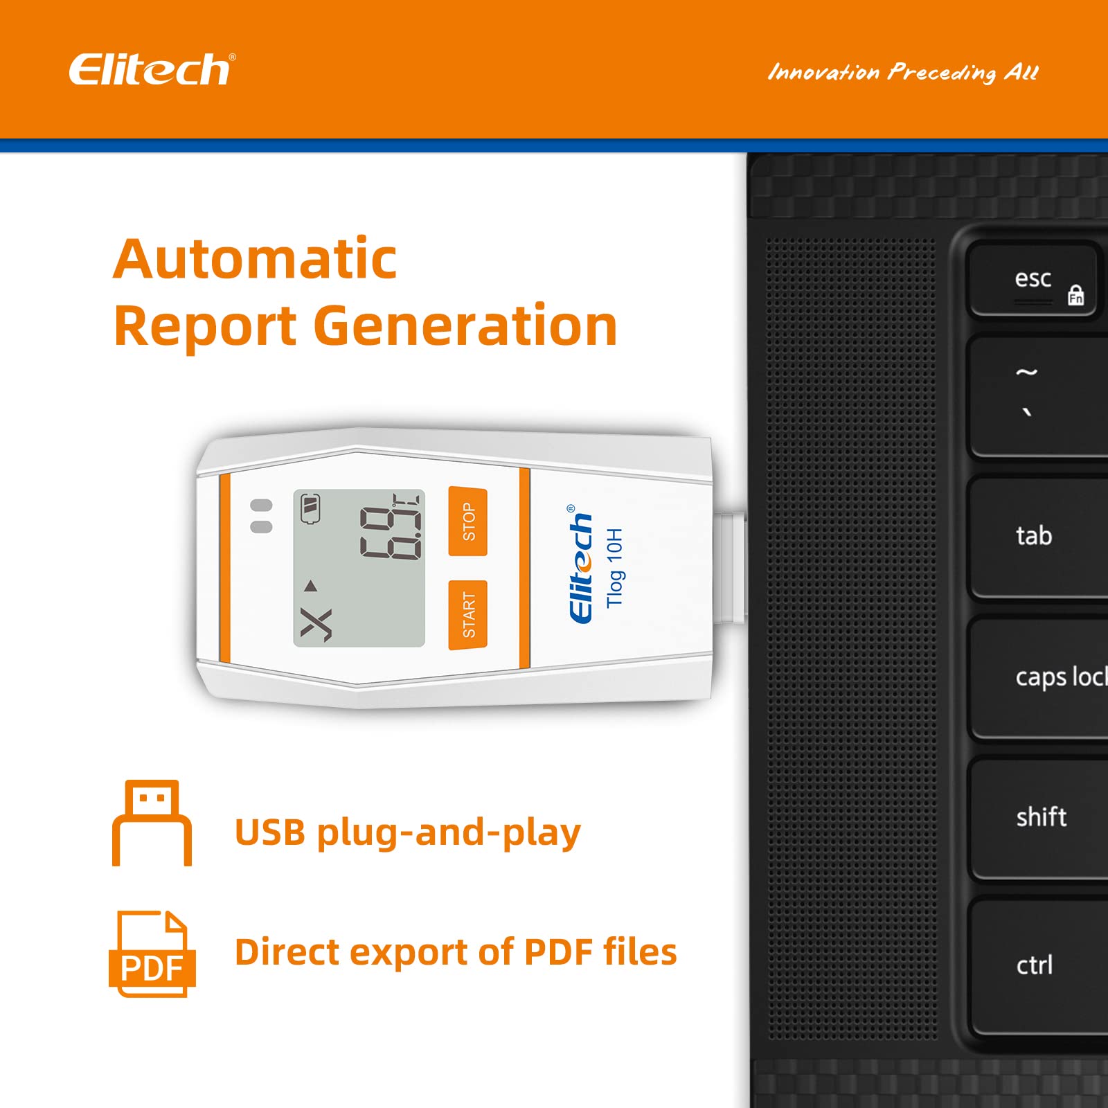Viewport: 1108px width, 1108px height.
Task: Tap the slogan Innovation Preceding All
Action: pos(903,73)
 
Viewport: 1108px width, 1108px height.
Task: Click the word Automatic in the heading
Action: pos(255,259)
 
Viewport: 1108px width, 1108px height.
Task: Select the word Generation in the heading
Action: pos(465,325)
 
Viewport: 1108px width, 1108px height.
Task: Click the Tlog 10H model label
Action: pos(614,568)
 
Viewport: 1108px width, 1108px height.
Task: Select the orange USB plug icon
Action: pos(152,823)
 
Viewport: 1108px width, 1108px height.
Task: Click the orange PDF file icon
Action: pos(152,954)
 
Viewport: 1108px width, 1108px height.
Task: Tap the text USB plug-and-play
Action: pos(407,832)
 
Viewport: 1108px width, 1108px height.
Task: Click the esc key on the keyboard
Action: pos(1033,280)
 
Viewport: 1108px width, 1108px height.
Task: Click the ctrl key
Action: pos(1035,965)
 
